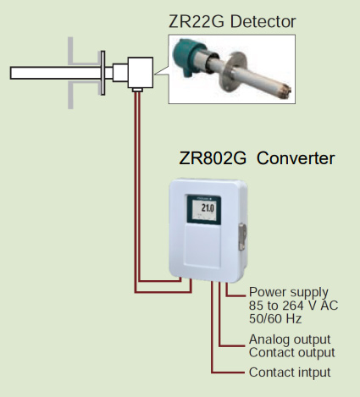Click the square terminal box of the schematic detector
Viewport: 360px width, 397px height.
click(136, 72)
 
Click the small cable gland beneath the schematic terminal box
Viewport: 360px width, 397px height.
click(136, 90)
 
